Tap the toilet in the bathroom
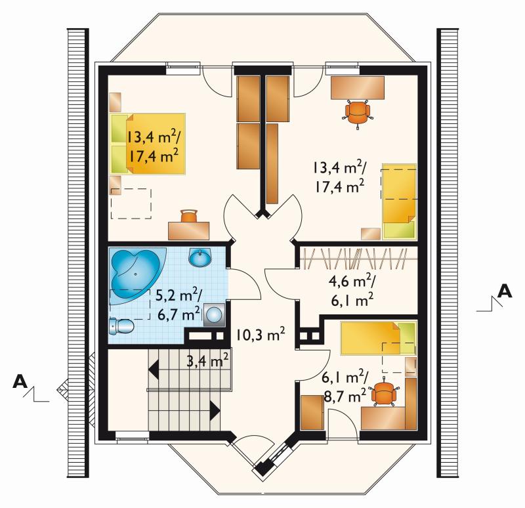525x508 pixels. point(122,326)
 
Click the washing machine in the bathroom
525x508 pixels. point(214,315)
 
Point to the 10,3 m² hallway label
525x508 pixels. point(261,334)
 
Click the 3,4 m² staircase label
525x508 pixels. point(207,361)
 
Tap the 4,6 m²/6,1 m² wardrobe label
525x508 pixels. point(352,291)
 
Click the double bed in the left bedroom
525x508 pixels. point(148,144)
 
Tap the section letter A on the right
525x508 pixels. point(505,291)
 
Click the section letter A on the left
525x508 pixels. point(20,381)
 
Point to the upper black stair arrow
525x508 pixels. point(154,370)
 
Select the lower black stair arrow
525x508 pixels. point(215,410)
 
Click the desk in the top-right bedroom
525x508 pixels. point(358,88)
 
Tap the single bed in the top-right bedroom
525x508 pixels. point(400,201)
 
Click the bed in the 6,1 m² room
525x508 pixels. point(379,338)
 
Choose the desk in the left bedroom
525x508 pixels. point(189,231)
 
